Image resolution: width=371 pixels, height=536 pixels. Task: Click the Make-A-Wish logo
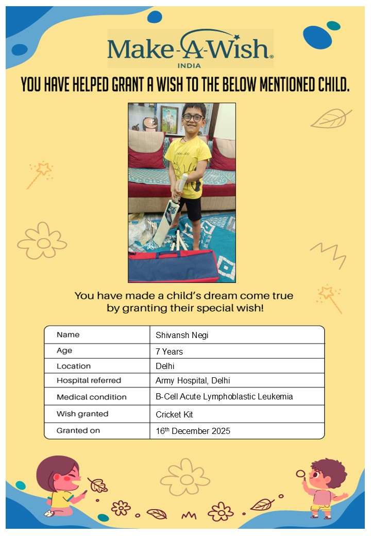(x=190, y=48)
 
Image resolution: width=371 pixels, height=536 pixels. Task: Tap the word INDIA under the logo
(x=189, y=65)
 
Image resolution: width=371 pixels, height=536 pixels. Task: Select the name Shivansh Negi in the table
(x=182, y=335)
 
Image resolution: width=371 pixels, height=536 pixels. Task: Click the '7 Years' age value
(x=169, y=351)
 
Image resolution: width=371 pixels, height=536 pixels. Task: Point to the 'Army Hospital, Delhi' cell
(x=193, y=381)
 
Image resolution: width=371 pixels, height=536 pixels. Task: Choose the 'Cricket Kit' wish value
(x=174, y=414)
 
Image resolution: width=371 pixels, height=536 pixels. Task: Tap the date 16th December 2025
(x=193, y=431)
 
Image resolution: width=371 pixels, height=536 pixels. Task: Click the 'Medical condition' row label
(x=91, y=397)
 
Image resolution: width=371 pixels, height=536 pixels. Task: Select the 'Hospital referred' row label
(x=89, y=380)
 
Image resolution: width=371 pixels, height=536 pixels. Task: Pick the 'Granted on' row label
(x=78, y=430)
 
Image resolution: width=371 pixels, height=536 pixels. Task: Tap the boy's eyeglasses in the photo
(x=193, y=118)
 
